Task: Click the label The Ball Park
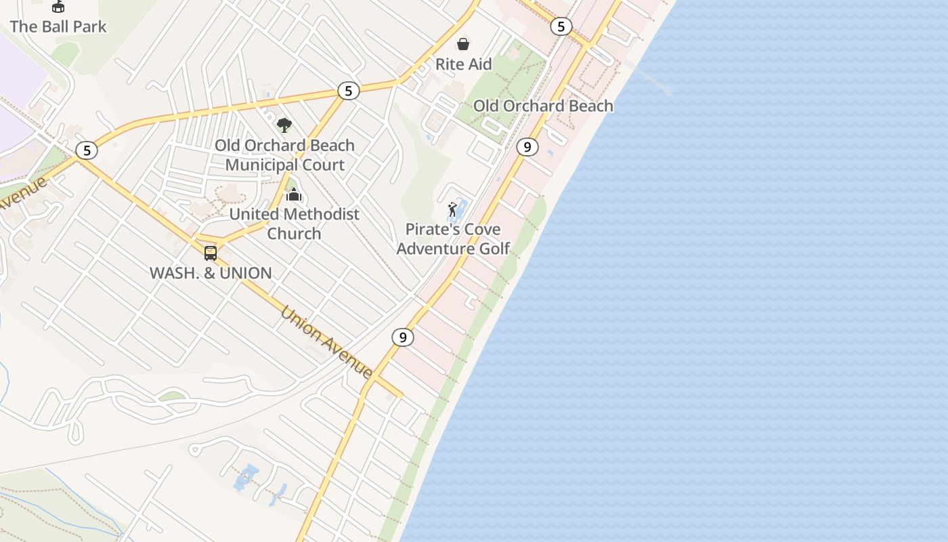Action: (x=58, y=27)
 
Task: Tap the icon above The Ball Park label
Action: (x=58, y=7)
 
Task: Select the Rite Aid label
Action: (x=463, y=64)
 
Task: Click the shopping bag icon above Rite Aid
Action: (x=463, y=44)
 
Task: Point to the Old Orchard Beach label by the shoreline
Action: (x=543, y=106)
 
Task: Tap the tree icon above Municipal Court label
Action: (x=284, y=125)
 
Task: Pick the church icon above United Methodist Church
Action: (x=294, y=195)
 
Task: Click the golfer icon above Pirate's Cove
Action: (x=452, y=209)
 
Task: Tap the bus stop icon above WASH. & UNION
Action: (x=211, y=253)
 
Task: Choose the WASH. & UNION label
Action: (x=211, y=273)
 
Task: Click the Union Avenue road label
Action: (x=326, y=343)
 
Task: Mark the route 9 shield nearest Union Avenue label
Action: (x=403, y=337)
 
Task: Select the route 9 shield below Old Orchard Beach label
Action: (x=527, y=147)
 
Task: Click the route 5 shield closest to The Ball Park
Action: (x=87, y=150)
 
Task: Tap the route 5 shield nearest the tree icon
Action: (x=348, y=91)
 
